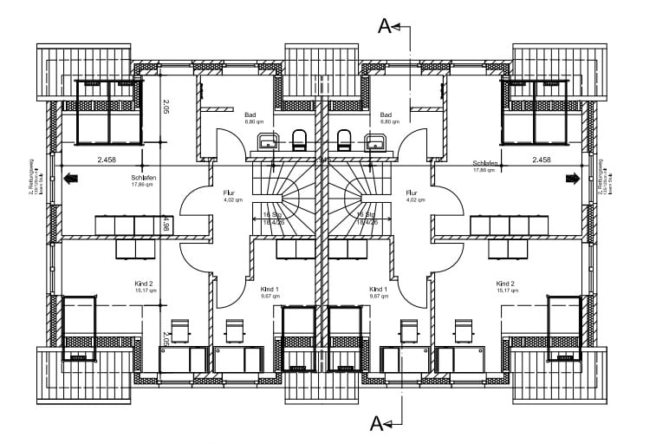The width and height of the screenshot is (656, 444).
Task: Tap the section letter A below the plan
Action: coord(377,423)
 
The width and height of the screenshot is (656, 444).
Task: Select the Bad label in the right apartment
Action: coord(386,114)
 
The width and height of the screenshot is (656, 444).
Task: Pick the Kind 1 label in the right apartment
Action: coord(378,289)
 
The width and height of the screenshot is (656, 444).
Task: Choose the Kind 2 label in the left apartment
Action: coord(144,284)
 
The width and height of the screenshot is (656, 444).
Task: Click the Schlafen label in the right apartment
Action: coord(485,163)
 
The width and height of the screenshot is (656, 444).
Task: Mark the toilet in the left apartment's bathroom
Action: coord(301,139)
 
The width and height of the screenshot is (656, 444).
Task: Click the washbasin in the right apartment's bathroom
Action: coord(375,141)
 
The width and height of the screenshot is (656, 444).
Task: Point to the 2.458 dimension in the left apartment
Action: coord(107,160)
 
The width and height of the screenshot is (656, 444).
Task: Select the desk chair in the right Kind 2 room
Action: coord(463,330)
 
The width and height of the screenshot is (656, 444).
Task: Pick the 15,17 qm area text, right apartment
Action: coord(507,291)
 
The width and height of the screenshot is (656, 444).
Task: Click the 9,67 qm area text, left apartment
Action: coord(269,296)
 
